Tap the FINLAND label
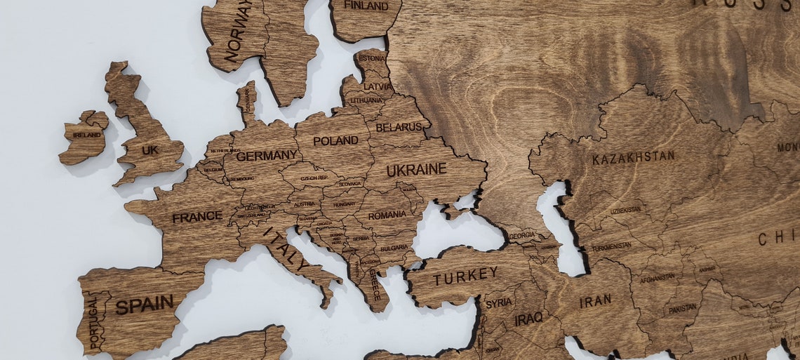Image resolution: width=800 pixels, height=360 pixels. pyautogui.click(x=366, y=6)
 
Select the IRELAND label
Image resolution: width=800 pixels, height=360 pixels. pyautogui.click(x=87, y=135)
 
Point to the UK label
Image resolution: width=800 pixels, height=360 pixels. pyautogui.click(x=150, y=150)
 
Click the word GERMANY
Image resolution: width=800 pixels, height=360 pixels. pyautogui.click(x=267, y=156)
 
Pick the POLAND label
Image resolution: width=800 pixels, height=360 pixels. pyautogui.click(x=335, y=141)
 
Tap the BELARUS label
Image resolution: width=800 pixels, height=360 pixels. pyautogui.click(x=399, y=127)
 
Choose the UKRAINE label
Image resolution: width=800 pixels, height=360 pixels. pyautogui.click(x=416, y=169)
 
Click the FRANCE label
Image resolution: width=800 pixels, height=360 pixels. pyautogui.click(x=197, y=218)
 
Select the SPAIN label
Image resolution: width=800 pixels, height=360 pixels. pyautogui.click(x=145, y=305)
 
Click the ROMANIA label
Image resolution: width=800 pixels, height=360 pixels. pyautogui.click(x=387, y=215)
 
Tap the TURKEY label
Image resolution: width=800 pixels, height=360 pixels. pyautogui.click(x=465, y=276)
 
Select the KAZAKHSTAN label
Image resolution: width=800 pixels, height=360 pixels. pyautogui.click(x=633, y=157)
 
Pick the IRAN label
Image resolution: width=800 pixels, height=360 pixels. pyautogui.click(x=595, y=301)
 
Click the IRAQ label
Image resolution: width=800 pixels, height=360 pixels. pyautogui.click(x=528, y=319)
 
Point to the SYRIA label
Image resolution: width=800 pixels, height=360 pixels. pyautogui.click(x=498, y=303)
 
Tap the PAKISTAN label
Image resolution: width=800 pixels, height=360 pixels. pyautogui.click(x=682, y=308)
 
